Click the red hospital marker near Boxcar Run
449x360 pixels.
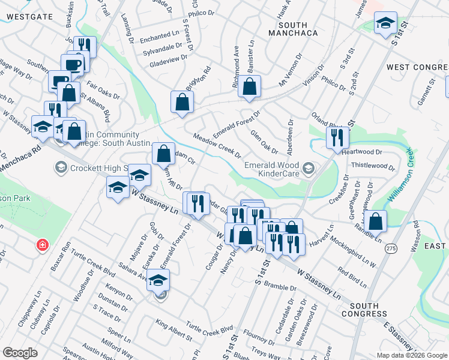[x=42, y=245]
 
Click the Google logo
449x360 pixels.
[x=20, y=352]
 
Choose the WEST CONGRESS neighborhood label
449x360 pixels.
[x=417, y=67]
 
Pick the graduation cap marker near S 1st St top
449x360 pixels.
[x=385, y=24]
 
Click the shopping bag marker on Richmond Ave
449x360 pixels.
[x=249, y=86]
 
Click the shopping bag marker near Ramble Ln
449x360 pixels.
[x=375, y=221]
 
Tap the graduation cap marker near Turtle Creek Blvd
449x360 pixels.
[x=158, y=280]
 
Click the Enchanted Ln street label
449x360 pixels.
[x=160, y=38]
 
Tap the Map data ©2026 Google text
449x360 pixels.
[x=411, y=355]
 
